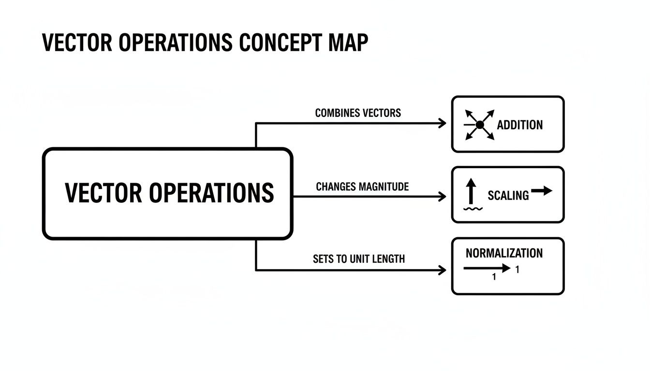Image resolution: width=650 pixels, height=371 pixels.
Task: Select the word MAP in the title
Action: [348, 43]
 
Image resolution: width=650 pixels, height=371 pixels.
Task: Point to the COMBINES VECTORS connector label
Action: [358, 113]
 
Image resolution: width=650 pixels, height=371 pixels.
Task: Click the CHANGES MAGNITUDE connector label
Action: [362, 186]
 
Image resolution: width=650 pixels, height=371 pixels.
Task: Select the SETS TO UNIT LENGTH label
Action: [359, 259]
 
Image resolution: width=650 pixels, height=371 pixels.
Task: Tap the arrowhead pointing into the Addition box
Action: [443, 124]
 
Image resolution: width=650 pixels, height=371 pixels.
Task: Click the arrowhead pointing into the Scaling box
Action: [443, 197]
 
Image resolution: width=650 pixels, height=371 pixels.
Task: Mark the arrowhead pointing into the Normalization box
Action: [443, 271]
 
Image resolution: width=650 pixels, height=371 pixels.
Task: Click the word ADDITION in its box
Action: [520, 125]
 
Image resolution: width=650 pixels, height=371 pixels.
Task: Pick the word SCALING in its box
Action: [508, 196]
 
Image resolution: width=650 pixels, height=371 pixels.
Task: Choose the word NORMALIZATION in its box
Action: [504, 253]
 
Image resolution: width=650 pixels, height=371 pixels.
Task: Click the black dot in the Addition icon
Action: [480, 125]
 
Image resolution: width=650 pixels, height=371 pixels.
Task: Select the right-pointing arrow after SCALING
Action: [542, 191]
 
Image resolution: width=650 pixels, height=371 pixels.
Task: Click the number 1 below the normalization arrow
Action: [494, 277]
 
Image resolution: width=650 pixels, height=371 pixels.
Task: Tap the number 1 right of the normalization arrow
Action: [517, 270]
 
